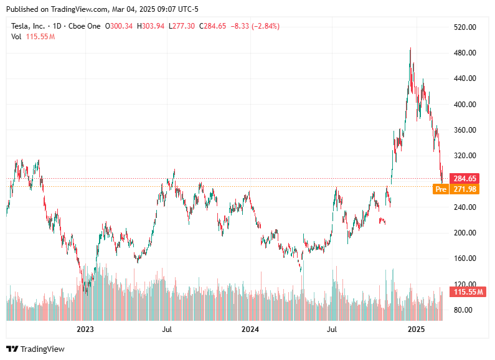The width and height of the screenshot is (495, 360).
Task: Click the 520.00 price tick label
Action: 465,27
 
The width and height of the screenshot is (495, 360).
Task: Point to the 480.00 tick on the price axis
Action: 465,53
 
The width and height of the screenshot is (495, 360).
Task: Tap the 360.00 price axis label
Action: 465,130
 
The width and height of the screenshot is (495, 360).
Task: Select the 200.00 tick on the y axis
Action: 465,233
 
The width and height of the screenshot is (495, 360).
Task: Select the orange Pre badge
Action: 441,189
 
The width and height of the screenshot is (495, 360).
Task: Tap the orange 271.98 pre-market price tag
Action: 466,189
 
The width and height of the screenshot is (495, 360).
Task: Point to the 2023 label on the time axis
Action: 85,328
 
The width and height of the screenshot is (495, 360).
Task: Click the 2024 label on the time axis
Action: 250,328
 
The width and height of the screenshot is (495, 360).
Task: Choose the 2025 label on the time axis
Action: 415,328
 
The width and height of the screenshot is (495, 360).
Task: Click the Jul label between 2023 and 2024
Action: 167,328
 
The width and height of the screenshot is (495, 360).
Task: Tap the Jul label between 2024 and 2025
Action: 332,328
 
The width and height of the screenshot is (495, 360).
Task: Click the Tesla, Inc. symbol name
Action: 29,26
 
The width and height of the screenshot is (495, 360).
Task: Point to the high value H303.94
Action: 152,26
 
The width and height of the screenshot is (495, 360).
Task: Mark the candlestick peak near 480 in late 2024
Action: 410,49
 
